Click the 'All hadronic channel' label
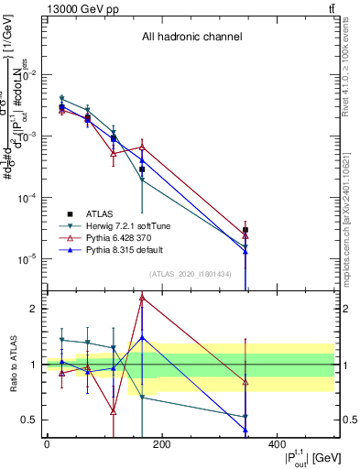click(x=191, y=38)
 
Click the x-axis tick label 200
click(x=161, y=445)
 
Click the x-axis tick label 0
click(x=47, y=445)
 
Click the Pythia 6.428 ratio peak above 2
click(x=142, y=297)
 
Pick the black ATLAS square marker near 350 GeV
click(x=245, y=231)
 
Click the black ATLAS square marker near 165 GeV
click(x=142, y=169)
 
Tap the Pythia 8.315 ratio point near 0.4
click(x=245, y=430)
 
